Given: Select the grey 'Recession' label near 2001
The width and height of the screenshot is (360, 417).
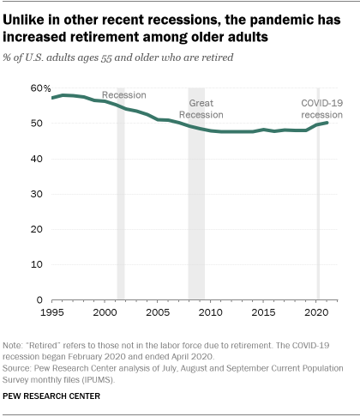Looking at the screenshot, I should point(124,94).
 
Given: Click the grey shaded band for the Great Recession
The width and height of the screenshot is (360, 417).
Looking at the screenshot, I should point(196,215).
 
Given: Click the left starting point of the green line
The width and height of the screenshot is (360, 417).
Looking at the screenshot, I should point(52,98).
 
